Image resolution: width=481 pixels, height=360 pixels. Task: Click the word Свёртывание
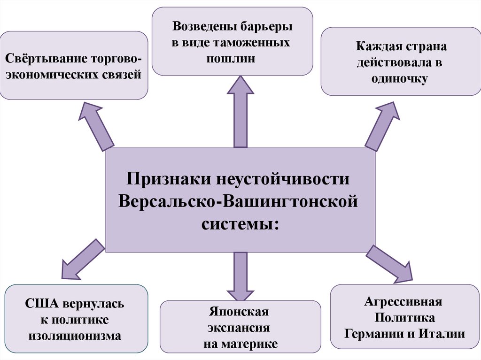39,60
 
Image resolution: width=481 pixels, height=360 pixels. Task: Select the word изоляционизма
75,336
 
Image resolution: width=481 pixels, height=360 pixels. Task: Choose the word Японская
240,312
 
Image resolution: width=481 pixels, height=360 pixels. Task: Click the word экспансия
240,328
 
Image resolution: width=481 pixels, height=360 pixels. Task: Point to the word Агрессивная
404,301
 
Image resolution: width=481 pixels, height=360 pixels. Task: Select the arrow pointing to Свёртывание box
97,126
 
